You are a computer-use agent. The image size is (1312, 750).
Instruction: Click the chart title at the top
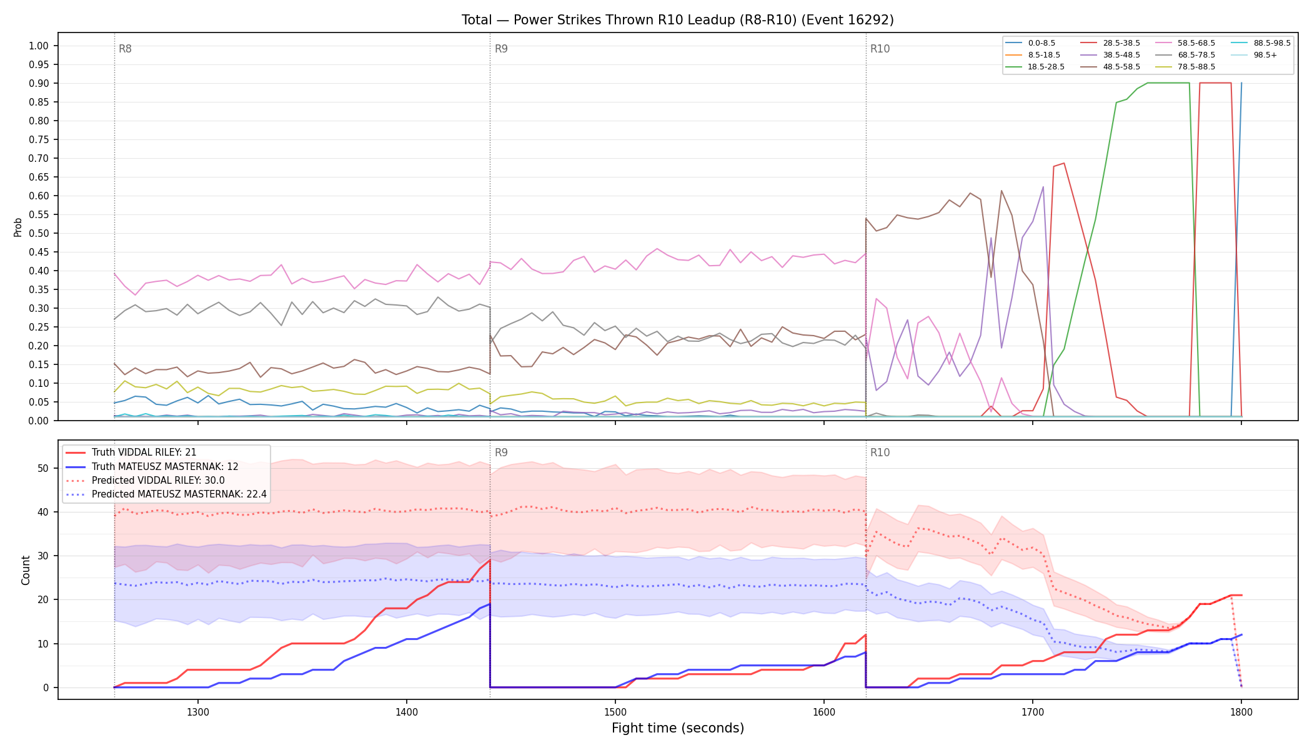click(x=678, y=20)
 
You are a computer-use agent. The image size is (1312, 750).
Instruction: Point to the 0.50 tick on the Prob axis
click(x=39, y=233)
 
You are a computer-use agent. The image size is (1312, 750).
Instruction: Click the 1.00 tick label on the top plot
click(x=39, y=46)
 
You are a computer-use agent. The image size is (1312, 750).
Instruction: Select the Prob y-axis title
click(x=18, y=227)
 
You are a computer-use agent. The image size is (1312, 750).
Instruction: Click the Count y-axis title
click(x=26, y=570)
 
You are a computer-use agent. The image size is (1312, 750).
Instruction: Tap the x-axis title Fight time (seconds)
click(x=678, y=728)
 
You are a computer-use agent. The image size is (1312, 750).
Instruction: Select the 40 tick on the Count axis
click(x=43, y=512)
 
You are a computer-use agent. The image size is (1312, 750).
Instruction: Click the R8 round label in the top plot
click(x=125, y=49)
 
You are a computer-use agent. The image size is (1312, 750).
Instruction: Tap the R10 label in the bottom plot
click(x=880, y=452)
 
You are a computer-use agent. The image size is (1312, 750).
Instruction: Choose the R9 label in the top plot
click(x=501, y=49)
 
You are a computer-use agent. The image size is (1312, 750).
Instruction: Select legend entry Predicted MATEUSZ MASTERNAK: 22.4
click(x=166, y=494)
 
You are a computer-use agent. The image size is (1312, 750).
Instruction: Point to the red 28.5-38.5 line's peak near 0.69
click(x=1064, y=163)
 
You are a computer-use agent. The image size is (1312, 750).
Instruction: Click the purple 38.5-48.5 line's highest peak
click(x=1043, y=187)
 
